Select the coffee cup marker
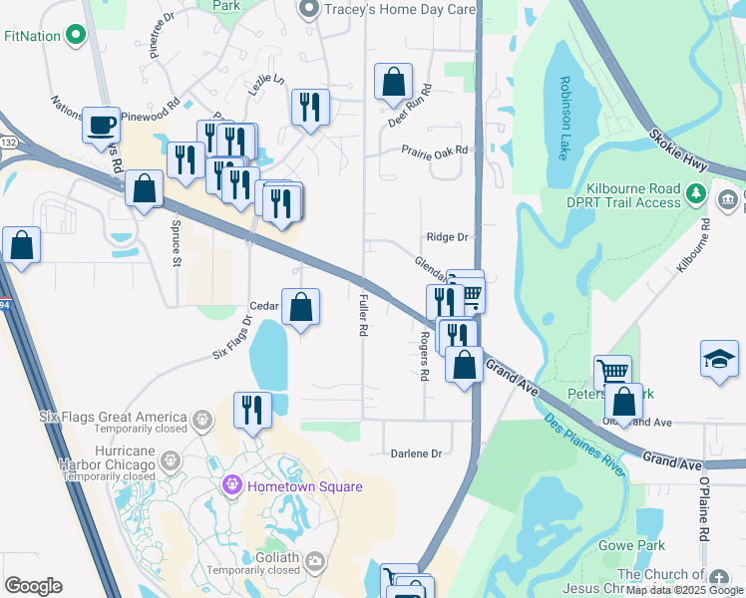[101, 126]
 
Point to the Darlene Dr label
[417, 453]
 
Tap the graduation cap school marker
[720, 359]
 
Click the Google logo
[33, 586]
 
